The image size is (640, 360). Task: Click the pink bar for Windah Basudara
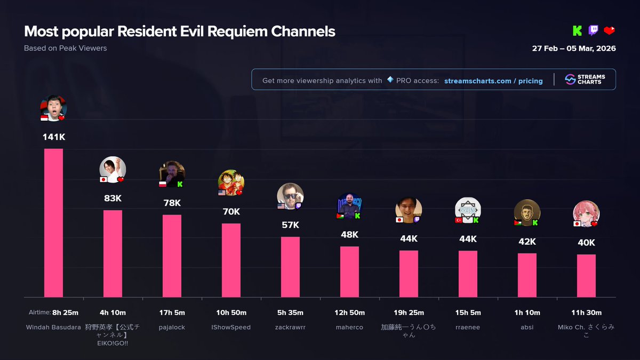tap(53, 223)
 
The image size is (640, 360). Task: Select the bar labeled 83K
tap(113, 253)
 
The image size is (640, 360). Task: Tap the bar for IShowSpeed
tap(231, 260)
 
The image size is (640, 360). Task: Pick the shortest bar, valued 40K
tap(586, 276)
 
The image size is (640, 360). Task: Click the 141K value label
tap(54, 137)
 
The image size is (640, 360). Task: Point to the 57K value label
tap(290, 225)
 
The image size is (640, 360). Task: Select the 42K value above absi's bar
tap(527, 242)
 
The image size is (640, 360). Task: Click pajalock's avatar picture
tap(172, 174)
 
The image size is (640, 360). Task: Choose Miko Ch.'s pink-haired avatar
tap(586, 214)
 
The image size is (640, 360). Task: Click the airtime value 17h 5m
tap(172, 313)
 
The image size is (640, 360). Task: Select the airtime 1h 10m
tap(527, 313)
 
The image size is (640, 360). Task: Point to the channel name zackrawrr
tap(290, 327)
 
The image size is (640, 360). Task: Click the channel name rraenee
tap(468, 327)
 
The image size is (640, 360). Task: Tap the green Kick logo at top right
tap(577, 30)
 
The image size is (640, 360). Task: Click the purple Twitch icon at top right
tap(593, 30)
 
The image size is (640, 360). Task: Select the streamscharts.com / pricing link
tap(493, 81)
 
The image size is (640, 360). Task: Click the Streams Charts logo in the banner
tap(583, 79)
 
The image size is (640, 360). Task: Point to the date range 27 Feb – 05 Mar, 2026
tap(574, 49)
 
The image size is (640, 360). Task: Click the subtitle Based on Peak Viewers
tap(65, 48)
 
